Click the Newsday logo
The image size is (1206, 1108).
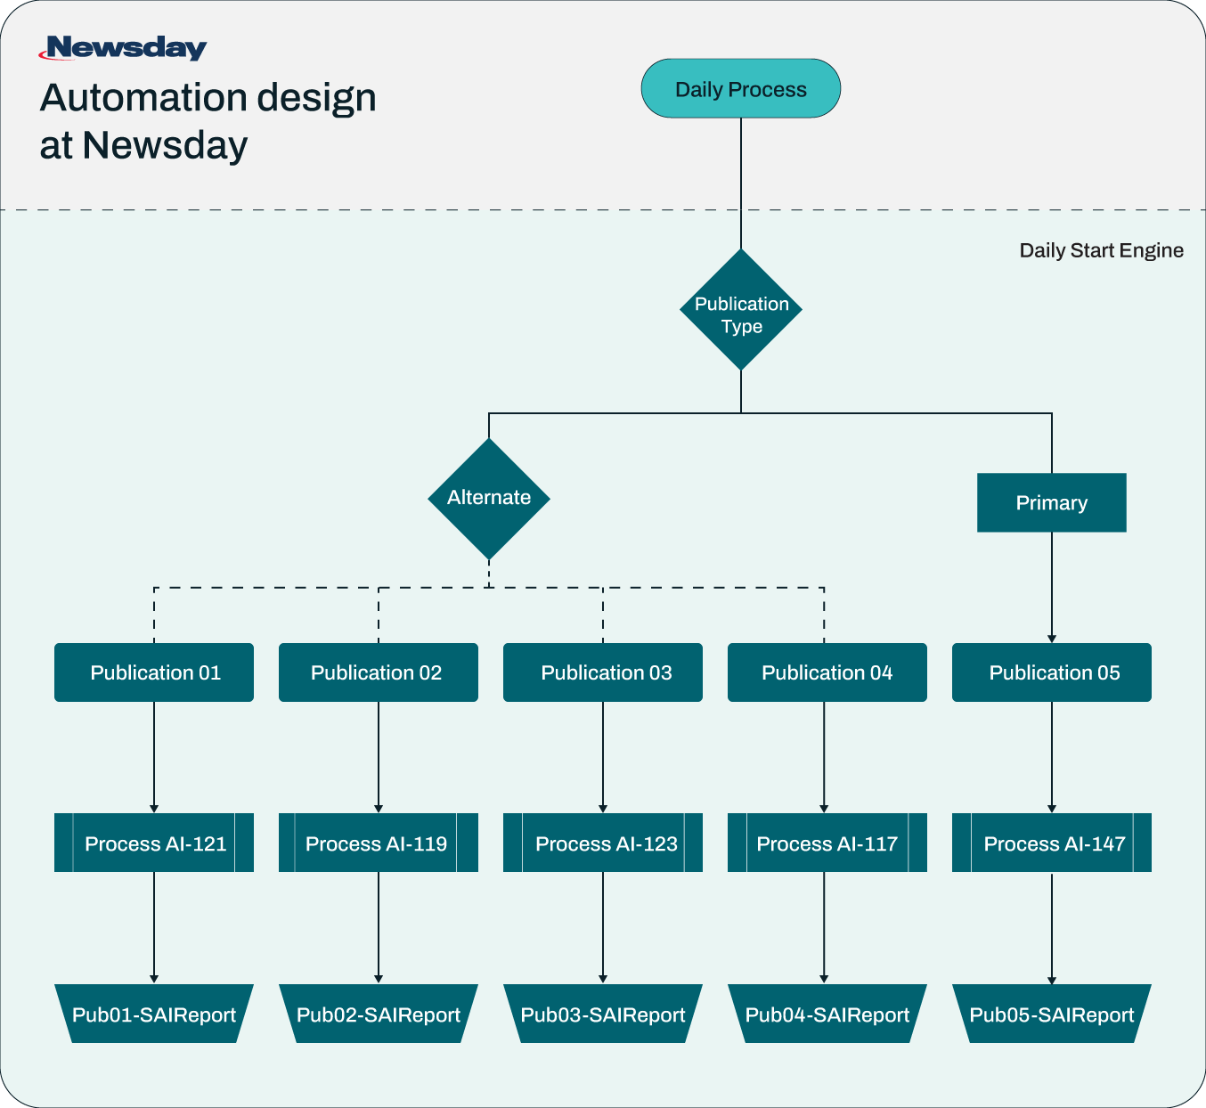click(123, 48)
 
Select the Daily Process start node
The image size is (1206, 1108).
click(740, 89)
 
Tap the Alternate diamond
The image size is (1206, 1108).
click(489, 498)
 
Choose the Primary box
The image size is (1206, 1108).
click(1051, 503)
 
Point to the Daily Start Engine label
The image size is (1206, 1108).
click(1101, 250)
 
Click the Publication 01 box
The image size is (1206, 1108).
click(154, 672)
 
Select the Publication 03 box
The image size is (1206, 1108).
click(603, 672)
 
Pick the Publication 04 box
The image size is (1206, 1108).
click(827, 672)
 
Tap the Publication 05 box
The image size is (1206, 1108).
click(1052, 672)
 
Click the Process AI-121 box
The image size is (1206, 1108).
click(154, 843)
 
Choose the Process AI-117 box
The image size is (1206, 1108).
click(827, 843)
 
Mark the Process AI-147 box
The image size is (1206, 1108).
click(1052, 843)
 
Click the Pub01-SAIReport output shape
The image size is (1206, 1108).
click(154, 1014)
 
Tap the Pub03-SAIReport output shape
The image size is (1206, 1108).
click(603, 1014)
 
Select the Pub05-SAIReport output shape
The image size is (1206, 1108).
click(1052, 1014)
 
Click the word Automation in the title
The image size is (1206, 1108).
click(141, 98)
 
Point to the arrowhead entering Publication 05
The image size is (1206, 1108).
click(1052, 639)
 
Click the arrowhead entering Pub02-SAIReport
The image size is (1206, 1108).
click(379, 979)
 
